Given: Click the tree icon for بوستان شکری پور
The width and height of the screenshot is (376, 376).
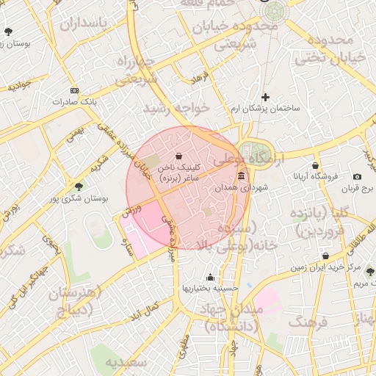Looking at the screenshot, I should coord(79,187).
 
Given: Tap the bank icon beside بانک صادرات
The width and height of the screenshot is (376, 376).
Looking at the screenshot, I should coord(74,90).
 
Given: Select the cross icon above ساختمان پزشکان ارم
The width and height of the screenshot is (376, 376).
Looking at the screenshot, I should coord(266,97).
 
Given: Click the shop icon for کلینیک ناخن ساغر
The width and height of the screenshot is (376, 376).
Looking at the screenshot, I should coord(180,155).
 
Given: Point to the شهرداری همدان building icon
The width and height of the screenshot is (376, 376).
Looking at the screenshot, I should coord(241,176).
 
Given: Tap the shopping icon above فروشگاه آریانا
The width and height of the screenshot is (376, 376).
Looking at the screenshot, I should coord(316,165).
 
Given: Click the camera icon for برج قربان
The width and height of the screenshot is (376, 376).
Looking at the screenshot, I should coord(357,177).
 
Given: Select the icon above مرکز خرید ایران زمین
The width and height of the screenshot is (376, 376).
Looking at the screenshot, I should coord(325,256).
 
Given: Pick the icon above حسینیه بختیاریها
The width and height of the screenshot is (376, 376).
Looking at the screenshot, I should coord(211,277).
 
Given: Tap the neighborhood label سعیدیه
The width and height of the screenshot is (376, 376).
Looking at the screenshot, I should coord(120,362).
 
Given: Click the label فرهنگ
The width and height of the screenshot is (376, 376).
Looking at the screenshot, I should coord(308,322).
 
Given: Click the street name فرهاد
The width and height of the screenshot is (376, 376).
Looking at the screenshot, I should coord(200,76).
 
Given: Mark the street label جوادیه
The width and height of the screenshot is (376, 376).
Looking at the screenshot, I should coord(18,84).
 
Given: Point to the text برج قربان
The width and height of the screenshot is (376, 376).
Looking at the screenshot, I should coord(358,188).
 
